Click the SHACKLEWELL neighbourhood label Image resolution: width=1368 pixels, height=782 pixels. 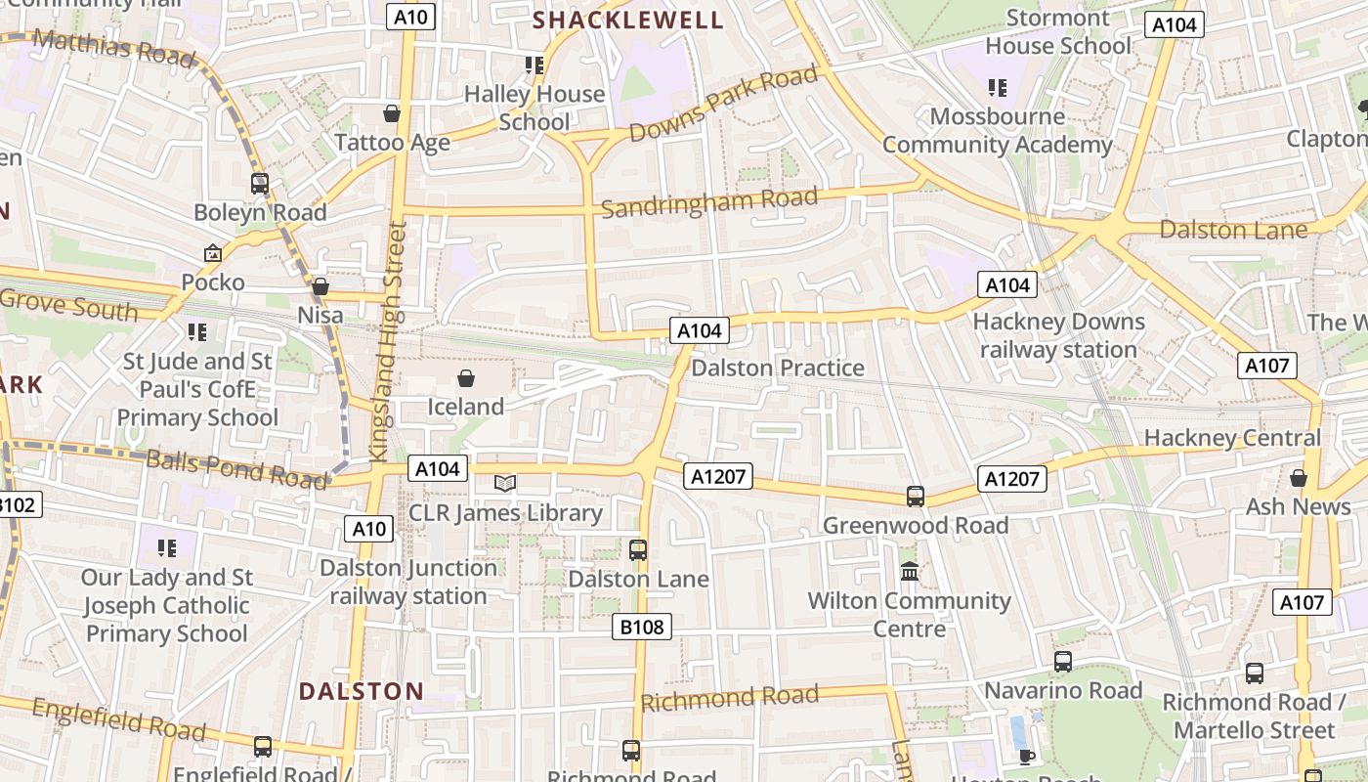coord(627,20)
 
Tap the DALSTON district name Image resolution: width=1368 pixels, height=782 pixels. coord(362,691)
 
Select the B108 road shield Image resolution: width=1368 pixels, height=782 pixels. coord(642,627)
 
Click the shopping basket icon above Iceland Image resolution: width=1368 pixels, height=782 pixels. coord(466,378)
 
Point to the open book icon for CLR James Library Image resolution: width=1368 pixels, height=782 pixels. coord(505,483)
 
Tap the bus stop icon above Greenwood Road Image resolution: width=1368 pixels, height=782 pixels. coord(916,497)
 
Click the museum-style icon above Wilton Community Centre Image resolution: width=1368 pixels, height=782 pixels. coord(910,571)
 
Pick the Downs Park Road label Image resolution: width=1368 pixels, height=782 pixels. coord(723,103)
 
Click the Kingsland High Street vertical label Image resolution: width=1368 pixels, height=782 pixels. coord(386,340)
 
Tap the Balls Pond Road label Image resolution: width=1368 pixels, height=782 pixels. coord(235,468)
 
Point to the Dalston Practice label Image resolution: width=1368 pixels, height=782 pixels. coord(778,368)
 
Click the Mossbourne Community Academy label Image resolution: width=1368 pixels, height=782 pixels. coord(998,131)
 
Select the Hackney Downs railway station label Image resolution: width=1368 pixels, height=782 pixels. coord(1058,335)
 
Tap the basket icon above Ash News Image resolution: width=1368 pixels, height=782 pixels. coord(1299,478)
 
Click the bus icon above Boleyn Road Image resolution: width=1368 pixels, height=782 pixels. coord(260,184)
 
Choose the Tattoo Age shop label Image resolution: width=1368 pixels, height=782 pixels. coord(392,143)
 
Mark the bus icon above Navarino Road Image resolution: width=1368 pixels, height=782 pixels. coord(1063,662)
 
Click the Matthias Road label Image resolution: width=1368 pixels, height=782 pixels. coord(113,47)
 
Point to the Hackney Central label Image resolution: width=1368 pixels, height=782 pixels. coord(1232,438)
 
